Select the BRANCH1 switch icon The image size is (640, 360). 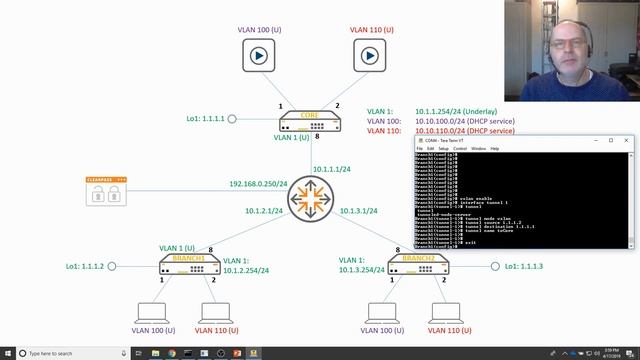click(189, 264)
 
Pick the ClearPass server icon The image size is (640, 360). click(106, 191)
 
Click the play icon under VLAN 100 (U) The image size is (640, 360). click(259, 56)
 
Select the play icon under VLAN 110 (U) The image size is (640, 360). click(371, 56)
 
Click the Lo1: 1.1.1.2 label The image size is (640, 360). click(84, 267)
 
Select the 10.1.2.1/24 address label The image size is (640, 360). click(264, 211)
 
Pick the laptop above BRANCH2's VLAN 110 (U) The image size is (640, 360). click(444, 312)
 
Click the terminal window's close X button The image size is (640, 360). click(627, 141)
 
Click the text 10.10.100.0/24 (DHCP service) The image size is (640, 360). click(465, 121)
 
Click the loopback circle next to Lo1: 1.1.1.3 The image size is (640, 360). click(495, 266)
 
